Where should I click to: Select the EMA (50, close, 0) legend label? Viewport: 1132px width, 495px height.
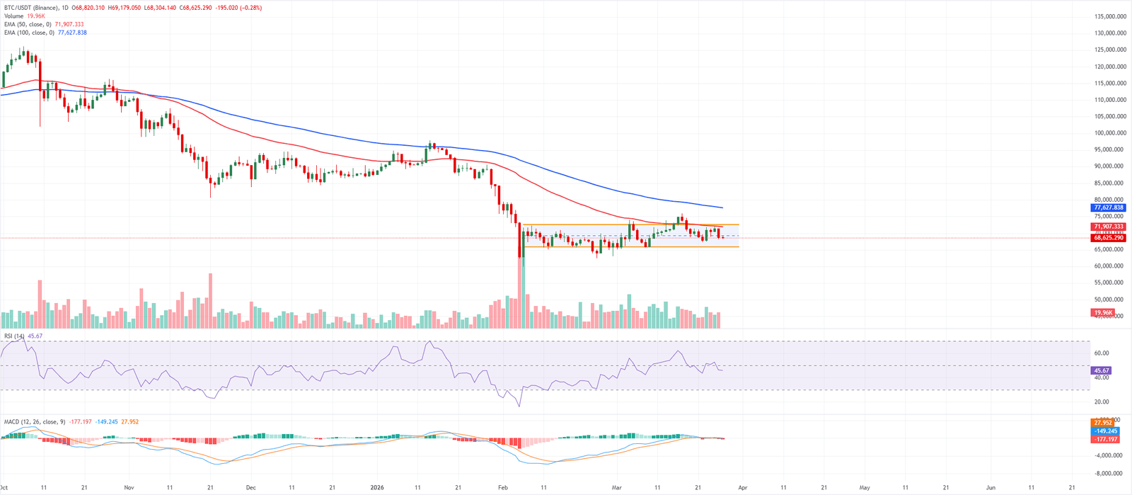[x=28, y=24]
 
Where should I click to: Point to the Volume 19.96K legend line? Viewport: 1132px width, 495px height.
[x=24, y=16]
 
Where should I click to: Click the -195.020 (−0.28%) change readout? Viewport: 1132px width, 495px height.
[x=241, y=8]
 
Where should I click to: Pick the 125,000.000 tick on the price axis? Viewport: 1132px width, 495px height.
[x=1109, y=50]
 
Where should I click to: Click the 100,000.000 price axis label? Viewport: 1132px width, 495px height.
[x=1109, y=133]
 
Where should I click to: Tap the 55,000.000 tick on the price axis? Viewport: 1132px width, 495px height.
[x=1109, y=283]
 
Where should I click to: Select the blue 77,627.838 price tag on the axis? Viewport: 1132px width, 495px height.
[x=1108, y=207]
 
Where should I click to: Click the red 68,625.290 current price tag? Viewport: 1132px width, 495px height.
[x=1108, y=238]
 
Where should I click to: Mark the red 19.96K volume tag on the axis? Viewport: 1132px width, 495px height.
[x=1103, y=312]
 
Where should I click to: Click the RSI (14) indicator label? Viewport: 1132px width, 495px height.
[x=14, y=336]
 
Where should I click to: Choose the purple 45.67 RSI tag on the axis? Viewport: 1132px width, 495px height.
[x=1102, y=370]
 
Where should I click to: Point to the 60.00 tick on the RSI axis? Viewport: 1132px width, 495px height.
[x=1101, y=353]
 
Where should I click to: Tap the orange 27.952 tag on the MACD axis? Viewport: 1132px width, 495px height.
[x=1104, y=423]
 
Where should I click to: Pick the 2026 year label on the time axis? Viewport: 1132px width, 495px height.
[x=377, y=488]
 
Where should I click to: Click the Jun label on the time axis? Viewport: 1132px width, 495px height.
[x=990, y=488]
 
